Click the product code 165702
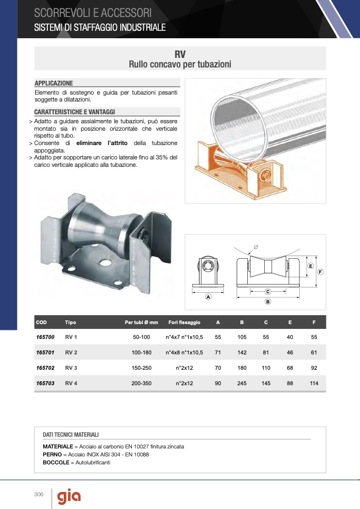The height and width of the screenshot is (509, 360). coord(45,368)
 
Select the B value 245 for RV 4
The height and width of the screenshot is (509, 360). coord(242,383)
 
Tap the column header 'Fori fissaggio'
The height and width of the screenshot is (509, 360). coord(184,323)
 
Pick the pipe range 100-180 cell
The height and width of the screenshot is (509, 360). coord(141,352)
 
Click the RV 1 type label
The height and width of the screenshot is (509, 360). coord(71,337)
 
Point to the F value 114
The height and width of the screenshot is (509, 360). coord(314,383)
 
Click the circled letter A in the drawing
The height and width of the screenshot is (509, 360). coord(208,296)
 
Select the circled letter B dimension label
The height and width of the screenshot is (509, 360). coord(267,302)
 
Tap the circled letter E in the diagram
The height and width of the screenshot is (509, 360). coord(311,266)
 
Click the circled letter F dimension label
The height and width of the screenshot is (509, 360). coord(320,272)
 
